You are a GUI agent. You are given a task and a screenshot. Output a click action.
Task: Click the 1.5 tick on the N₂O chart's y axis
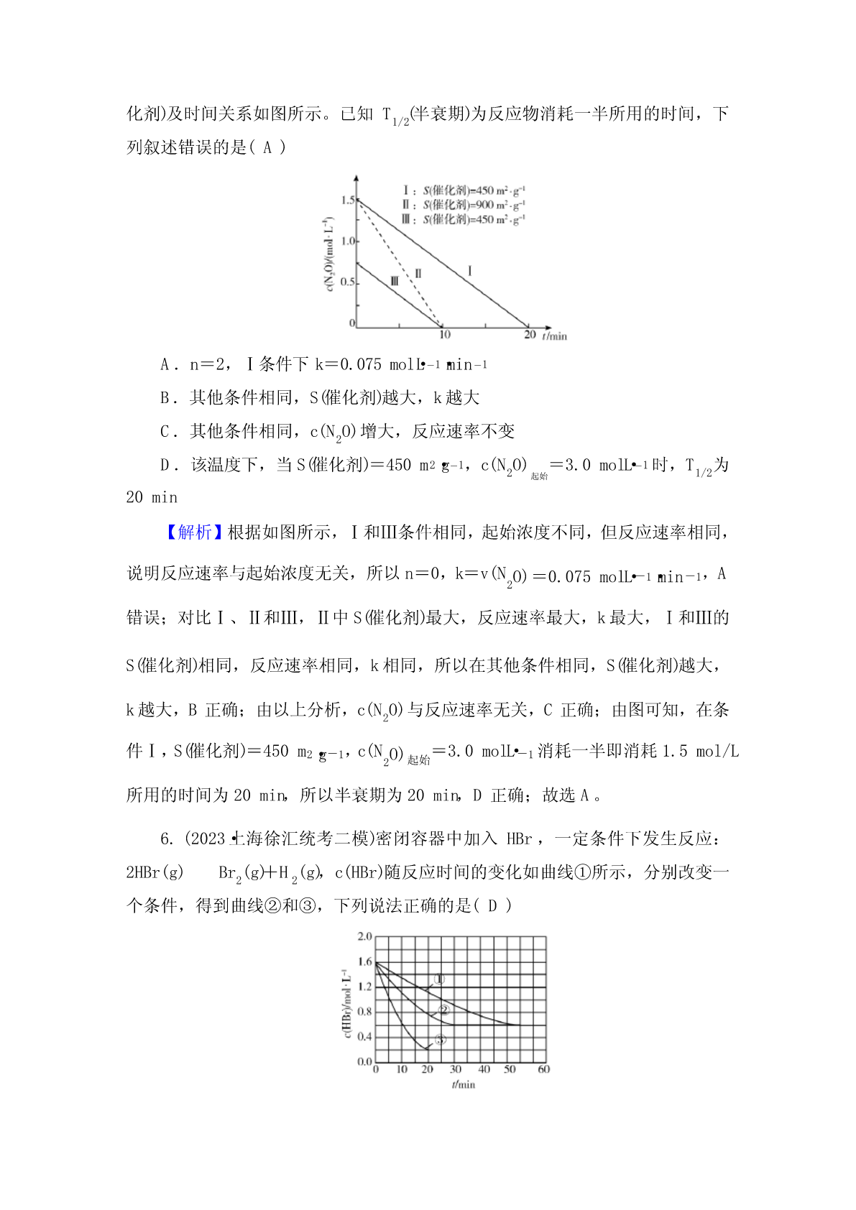pyautogui.click(x=347, y=200)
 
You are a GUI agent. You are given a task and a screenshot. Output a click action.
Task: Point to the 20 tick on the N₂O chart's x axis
pyautogui.click(x=530, y=335)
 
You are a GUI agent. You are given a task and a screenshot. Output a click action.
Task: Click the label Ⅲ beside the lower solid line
pyautogui.click(x=394, y=281)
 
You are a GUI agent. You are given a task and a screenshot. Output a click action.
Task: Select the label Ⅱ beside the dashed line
pyautogui.click(x=418, y=273)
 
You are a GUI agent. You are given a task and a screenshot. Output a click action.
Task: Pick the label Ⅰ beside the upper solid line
pyautogui.click(x=470, y=270)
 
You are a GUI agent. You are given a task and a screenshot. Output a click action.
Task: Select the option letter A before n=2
pyautogui.click(x=166, y=365)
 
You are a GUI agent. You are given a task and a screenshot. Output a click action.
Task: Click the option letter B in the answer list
pyautogui.click(x=166, y=398)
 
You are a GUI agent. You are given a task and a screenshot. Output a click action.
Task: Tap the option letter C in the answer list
pyautogui.click(x=166, y=432)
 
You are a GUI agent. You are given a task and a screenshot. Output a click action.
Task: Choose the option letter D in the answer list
pyautogui.click(x=166, y=466)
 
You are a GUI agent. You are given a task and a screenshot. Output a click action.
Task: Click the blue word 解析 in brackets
pyautogui.click(x=194, y=532)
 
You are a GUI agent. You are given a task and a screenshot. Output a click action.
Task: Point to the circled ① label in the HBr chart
pyautogui.click(x=440, y=979)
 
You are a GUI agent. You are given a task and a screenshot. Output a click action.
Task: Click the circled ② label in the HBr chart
pyautogui.click(x=443, y=1010)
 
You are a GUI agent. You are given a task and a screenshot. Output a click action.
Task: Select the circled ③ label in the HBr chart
pyautogui.click(x=441, y=1039)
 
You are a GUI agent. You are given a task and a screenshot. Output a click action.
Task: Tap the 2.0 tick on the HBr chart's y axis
pyautogui.click(x=365, y=936)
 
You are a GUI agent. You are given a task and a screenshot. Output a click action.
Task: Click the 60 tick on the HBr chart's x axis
pyautogui.click(x=543, y=1069)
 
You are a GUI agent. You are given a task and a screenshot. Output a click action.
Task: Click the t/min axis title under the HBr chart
pyautogui.click(x=464, y=1084)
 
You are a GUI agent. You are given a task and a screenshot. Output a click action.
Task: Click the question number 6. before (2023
pyautogui.click(x=167, y=839)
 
